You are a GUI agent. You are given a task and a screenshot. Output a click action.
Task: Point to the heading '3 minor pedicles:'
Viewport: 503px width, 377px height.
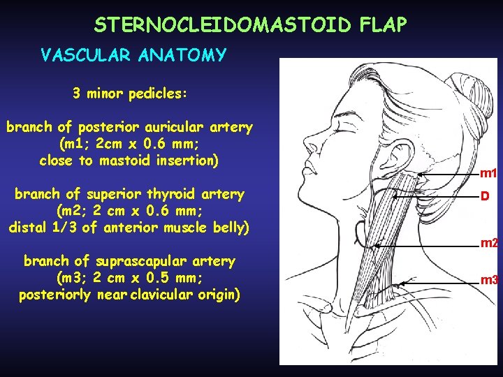129,93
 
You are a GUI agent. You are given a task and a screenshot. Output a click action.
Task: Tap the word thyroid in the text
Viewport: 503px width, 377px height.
173,193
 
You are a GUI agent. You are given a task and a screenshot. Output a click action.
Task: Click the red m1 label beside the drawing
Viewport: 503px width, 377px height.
488,173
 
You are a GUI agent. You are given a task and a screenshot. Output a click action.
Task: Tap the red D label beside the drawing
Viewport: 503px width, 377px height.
483,197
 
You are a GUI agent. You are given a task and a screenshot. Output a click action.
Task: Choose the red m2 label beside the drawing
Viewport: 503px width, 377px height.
488,244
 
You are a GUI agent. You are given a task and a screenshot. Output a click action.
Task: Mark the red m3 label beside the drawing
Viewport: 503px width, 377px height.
488,280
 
